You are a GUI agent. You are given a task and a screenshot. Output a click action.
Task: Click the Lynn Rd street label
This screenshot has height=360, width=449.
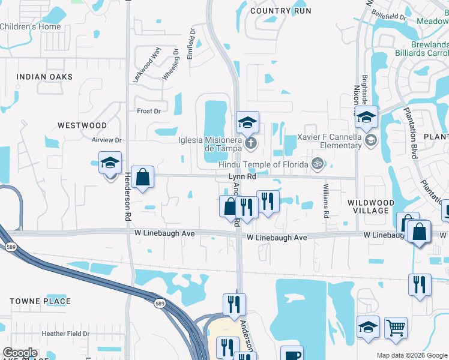point(243,177)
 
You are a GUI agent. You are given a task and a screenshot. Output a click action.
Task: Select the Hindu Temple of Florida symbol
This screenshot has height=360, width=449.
point(317,163)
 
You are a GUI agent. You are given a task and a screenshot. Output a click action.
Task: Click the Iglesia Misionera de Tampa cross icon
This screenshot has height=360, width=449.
point(252,143)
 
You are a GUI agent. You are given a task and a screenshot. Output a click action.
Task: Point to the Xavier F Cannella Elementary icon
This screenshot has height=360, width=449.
point(371,140)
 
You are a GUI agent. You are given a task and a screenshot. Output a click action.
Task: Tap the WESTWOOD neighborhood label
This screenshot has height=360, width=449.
point(82,125)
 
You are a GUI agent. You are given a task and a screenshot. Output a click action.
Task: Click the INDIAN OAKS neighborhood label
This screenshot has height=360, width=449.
point(44,77)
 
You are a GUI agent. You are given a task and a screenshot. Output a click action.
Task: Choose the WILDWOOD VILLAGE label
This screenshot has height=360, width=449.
point(370,207)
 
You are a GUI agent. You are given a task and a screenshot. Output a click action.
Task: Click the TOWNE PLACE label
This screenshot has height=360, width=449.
point(40,301)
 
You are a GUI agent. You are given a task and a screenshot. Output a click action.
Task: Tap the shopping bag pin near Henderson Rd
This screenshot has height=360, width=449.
point(143,178)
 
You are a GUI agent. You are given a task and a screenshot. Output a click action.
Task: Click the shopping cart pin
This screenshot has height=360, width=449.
point(396,328)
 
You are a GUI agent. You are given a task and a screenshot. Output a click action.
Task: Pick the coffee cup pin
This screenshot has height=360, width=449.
point(292,355)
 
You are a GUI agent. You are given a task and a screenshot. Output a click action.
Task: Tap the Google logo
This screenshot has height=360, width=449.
point(20,353)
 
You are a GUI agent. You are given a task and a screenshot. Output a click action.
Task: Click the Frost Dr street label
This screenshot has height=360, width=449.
point(149,111)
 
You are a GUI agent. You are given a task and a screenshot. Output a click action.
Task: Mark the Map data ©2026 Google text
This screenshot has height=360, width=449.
point(411,355)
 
